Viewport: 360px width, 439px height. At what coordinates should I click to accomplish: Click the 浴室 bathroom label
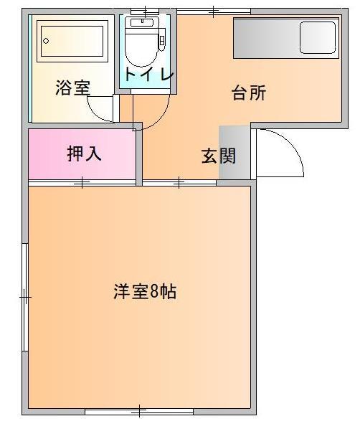pyautogui.click(x=73, y=88)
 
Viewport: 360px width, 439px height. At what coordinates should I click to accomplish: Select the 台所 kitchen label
pyautogui.click(x=249, y=93)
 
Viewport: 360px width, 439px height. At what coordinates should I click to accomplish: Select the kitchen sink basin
pyautogui.click(x=318, y=37)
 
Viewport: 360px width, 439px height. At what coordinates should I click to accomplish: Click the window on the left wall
pyautogui.click(x=26, y=296)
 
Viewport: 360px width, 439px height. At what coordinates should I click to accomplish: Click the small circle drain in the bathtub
pyautogui.click(x=44, y=42)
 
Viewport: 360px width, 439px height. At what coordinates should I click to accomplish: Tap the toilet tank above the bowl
pyautogui.click(x=142, y=22)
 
